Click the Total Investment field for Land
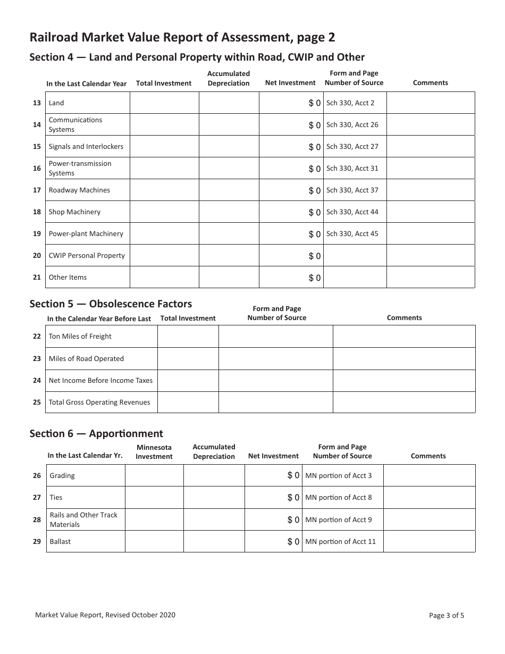coord(164,103)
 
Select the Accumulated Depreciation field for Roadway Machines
coord(229,190)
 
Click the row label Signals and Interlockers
coord(86,146)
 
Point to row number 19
coord(37,233)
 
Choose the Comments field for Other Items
coord(430,277)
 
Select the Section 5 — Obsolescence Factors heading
coord(111,304)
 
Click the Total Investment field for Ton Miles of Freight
coord(188,337)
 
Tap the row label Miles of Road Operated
coord(86,358)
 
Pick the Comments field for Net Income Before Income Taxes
coord(404,380)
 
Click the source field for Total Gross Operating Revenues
coord(275,402)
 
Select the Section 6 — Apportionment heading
coord(96,433)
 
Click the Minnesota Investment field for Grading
coord(154,475)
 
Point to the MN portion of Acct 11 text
coord(341,541)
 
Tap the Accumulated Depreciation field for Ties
coord(214,497)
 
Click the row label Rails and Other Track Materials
coord(83,519)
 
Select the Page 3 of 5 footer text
coord(447,616)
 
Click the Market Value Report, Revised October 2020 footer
coord(105,615)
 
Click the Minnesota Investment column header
coord(154,452)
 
